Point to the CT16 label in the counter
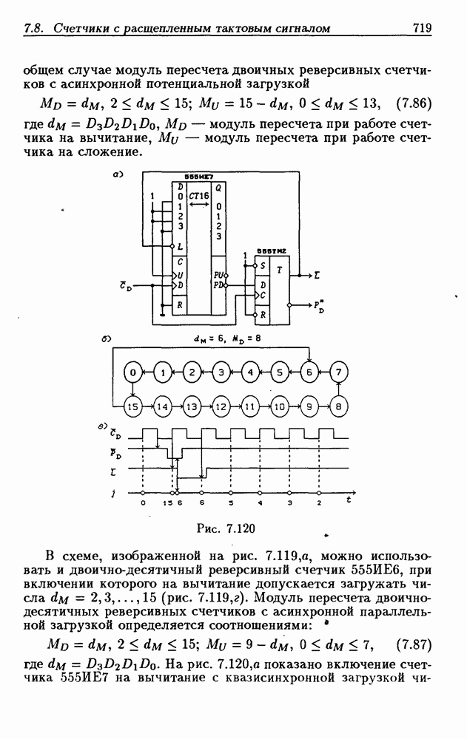pyautogui.click(x=198, y=197)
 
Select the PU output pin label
pyautogui.click(x=219, y=275)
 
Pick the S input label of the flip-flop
pyautogui.click(x=261, y=266)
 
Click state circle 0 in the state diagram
pyautogui.click(x=132, y=373)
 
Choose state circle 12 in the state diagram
pyautogui.click(x=221, y=406)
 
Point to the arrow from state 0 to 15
pyautogui.click(x=132, y=390)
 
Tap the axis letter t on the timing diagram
pyautogui.click(x=348, y=500)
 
